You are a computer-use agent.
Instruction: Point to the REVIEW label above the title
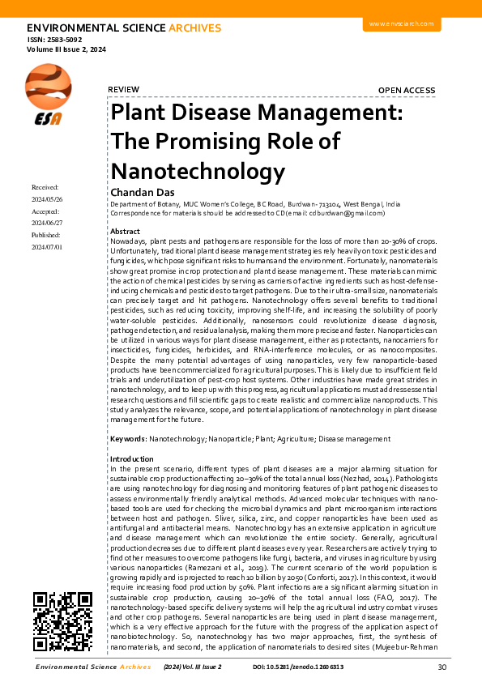click(123, 90)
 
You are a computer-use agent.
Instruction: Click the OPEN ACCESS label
click(412, 90)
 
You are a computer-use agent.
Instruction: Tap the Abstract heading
click(124, 231)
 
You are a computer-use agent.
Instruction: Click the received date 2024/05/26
click(47, 199)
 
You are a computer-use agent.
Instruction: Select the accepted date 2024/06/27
click(47, 223)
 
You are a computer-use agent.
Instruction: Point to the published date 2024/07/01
click(47, 247)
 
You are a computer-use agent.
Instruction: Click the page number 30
click(441, 667)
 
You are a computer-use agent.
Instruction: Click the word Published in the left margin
click(46, 235)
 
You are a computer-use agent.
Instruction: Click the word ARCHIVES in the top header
click(194, 28)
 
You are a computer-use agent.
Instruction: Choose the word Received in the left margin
click(46, 187)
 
